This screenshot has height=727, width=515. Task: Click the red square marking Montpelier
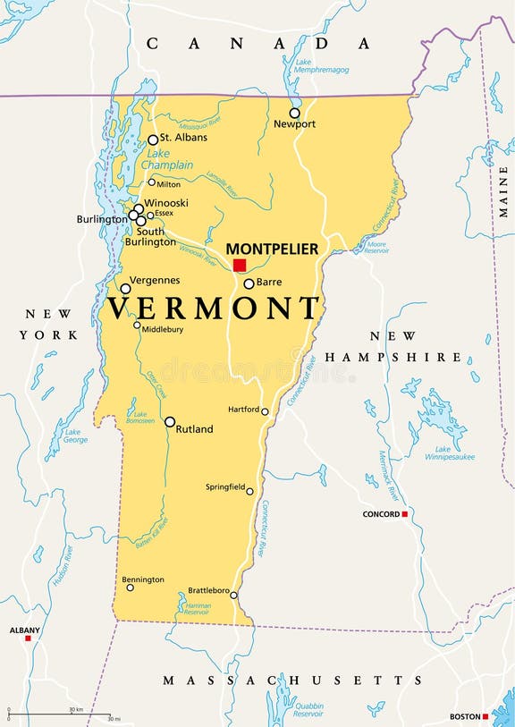(x=240, y=266)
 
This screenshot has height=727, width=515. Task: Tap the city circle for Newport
(x=294, y=113)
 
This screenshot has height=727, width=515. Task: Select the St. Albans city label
(x=183, y=138)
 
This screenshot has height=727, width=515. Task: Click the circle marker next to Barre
(x=249, y=283)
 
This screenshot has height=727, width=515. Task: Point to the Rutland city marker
(x=170, y=421)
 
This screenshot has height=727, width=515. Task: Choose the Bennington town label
(x=144, y=579)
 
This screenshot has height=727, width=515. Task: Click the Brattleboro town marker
(x=233, y=595)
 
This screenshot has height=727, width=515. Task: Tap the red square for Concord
(x=404, y=514)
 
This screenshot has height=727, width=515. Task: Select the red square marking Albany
(x=28, y=638)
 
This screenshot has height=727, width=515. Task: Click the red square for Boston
(x=485, y=716)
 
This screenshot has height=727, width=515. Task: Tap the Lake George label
(x=75, y=435)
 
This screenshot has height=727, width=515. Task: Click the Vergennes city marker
(x=125, y=289)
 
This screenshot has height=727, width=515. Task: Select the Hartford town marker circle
(x=265, y=411)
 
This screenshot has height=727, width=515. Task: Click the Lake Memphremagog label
(x=320, y=64)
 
